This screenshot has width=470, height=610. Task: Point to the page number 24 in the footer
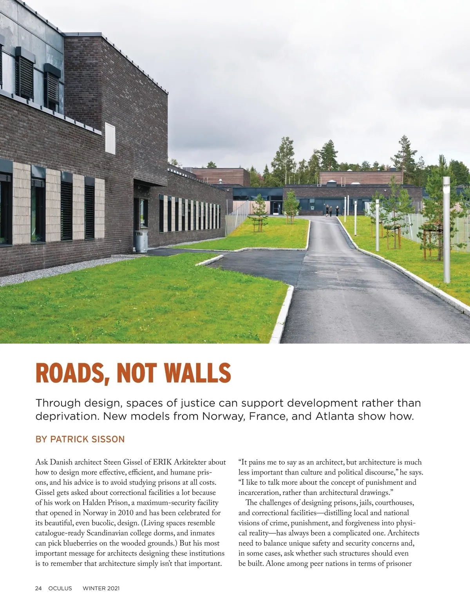tap(38, 588)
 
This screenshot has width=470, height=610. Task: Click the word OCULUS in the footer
tap(60, 588)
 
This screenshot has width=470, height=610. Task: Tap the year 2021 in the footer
tap(112, 588)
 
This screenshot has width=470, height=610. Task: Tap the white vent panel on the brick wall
tap(110, 138)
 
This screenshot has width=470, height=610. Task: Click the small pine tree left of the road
tap(259, 215)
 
